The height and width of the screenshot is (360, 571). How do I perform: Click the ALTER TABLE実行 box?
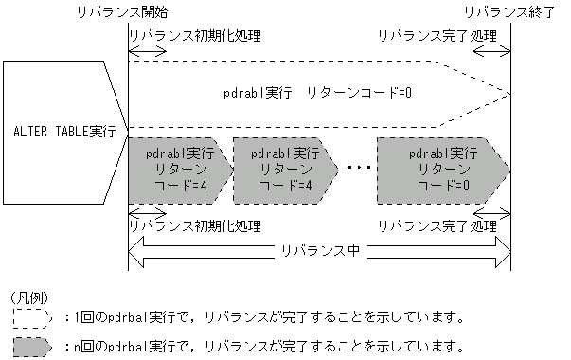point(62,131)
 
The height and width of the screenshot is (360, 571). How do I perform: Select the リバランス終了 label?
point(510,11)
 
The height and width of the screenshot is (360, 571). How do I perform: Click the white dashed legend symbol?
point(32,316)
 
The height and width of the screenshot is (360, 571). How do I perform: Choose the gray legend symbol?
point(32,345)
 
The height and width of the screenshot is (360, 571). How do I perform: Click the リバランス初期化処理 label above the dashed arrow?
point(194,36)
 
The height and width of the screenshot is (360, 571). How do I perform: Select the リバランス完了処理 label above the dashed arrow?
point(437,36)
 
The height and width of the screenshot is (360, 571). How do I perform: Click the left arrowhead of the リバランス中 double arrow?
point(136,251)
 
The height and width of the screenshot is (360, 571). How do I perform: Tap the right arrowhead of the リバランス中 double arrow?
point(503,251)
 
